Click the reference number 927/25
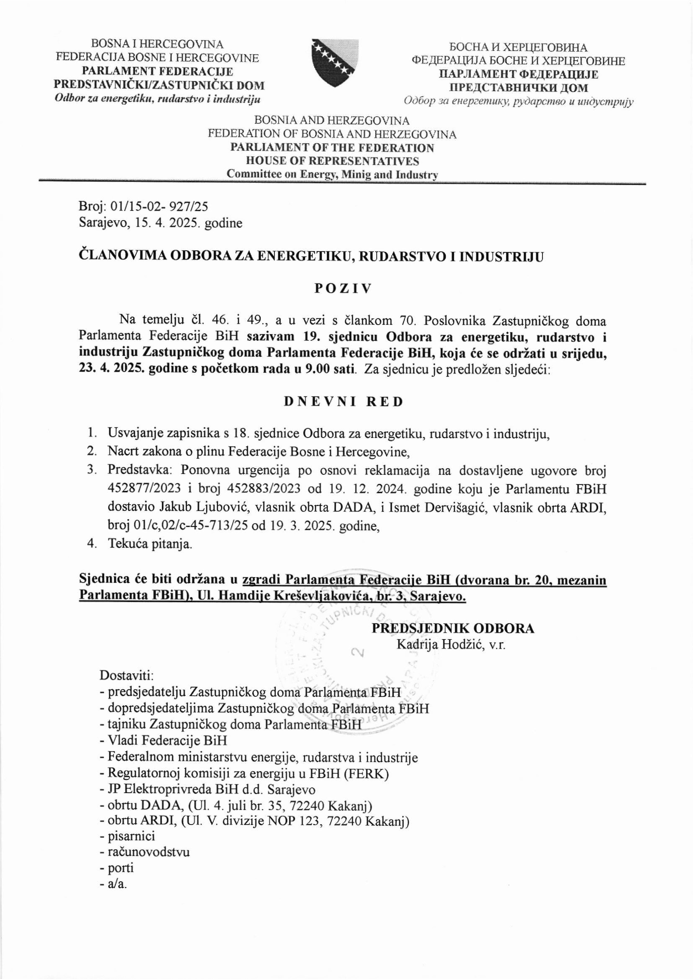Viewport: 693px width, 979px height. [189, 207]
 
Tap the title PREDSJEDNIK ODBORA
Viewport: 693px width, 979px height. [453, 629]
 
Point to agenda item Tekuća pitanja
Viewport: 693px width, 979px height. [150, 544]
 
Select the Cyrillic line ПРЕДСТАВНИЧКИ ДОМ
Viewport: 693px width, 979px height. [518, 88]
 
